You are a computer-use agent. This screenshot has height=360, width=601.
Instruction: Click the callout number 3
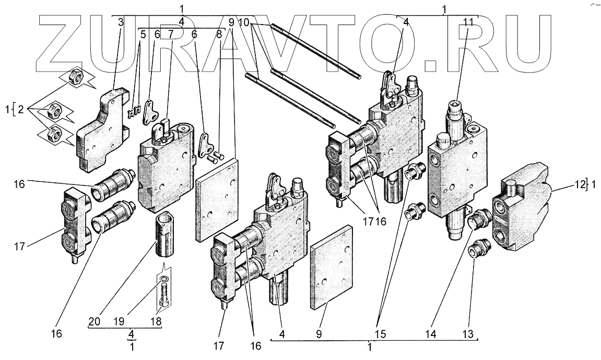pyautogui.click(x=121, y=23)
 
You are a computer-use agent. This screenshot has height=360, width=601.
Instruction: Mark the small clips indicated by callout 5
pyautogui.click(x=136, y=111)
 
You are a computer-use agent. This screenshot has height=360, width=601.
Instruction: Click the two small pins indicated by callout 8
pyautogui.click(x=215, y=154)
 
